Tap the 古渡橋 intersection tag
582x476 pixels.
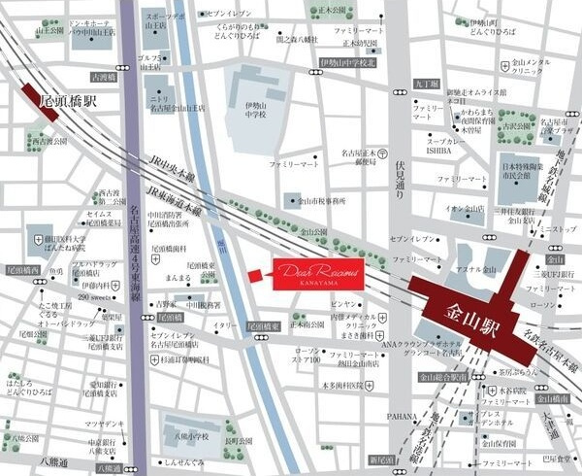click(101, 76)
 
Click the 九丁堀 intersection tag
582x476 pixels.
click(425, 85)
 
